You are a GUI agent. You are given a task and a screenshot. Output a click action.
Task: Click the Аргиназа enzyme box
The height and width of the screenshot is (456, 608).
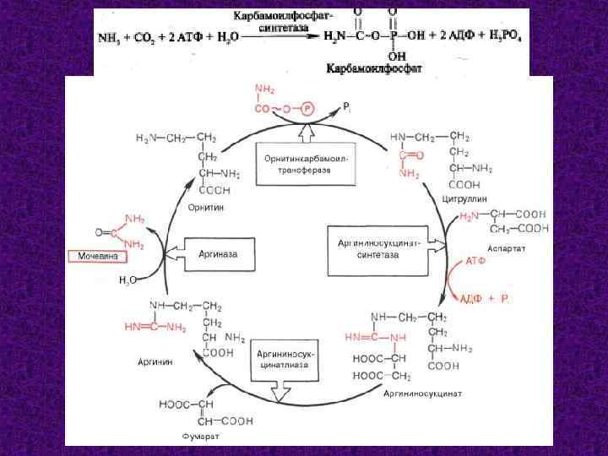(217, 252)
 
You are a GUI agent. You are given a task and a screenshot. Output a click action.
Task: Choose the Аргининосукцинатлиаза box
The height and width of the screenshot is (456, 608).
(288, 360)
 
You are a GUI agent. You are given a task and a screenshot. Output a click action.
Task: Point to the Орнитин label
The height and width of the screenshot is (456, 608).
(206, 205)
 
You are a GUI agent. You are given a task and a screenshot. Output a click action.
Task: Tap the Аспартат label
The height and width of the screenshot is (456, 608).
(530, 249)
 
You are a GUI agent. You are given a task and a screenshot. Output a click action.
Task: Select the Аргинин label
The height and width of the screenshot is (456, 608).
(157, 361)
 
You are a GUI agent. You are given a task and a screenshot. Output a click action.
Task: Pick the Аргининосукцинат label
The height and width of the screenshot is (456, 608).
(422, 394)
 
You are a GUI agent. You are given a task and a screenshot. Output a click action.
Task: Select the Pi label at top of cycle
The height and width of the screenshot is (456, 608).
(345, 107)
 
